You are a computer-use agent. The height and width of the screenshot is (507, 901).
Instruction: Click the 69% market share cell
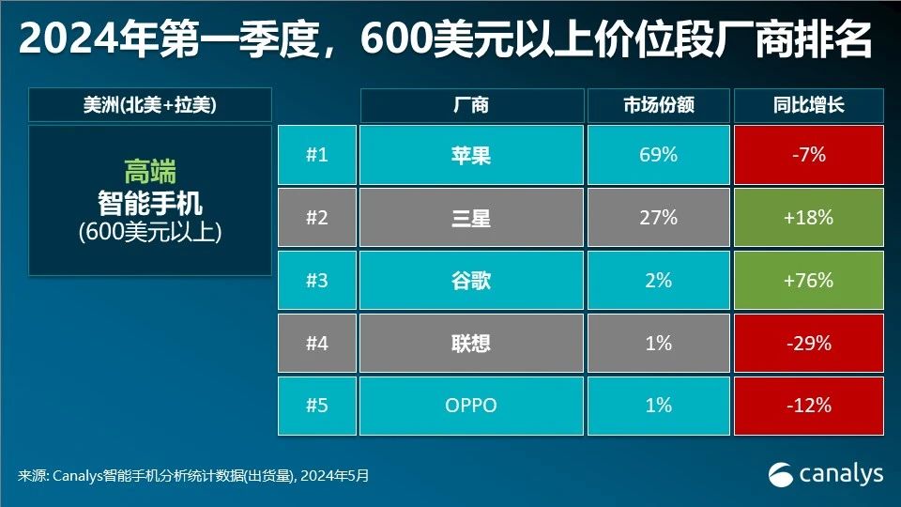tap(658, 155)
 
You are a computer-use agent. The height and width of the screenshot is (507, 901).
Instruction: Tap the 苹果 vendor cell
tap(470, 155)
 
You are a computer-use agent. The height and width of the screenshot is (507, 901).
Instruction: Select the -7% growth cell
tap(809, 155)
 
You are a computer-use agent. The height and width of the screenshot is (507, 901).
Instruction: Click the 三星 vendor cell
tap(470, 218)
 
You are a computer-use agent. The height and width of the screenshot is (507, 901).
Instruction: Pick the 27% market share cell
tap(658, 218)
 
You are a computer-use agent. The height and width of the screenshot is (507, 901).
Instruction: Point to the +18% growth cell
tap(809, 218)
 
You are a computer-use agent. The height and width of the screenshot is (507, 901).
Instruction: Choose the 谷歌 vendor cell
tap(470, 281)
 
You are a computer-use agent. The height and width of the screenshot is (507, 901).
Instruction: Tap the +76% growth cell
tap(809, 281)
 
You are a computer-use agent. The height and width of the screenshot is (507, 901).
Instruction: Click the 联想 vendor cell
tap(470, 344)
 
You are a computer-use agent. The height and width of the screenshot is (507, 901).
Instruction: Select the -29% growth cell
tap(809, 344)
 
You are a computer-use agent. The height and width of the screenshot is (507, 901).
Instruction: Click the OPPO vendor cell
tap(470, 406)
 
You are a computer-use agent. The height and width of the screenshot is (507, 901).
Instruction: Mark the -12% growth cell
tap(809, 406)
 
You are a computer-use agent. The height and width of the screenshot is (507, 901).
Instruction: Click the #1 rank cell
tap(317, 155)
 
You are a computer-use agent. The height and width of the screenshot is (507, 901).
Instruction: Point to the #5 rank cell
tap(317, 406)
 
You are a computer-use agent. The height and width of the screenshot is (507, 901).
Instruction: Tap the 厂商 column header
tap(470, 105)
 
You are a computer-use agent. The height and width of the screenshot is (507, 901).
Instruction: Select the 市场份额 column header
tap(658, 105)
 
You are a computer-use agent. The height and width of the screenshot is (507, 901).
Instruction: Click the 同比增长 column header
tap(809, 105)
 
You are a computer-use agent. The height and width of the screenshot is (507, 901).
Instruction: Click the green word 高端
tap(150, 172)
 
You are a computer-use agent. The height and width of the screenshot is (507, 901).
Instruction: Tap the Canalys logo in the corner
tap(826, 474)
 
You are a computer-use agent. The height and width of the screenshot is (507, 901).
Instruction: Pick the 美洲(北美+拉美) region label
tap(150, 105)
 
